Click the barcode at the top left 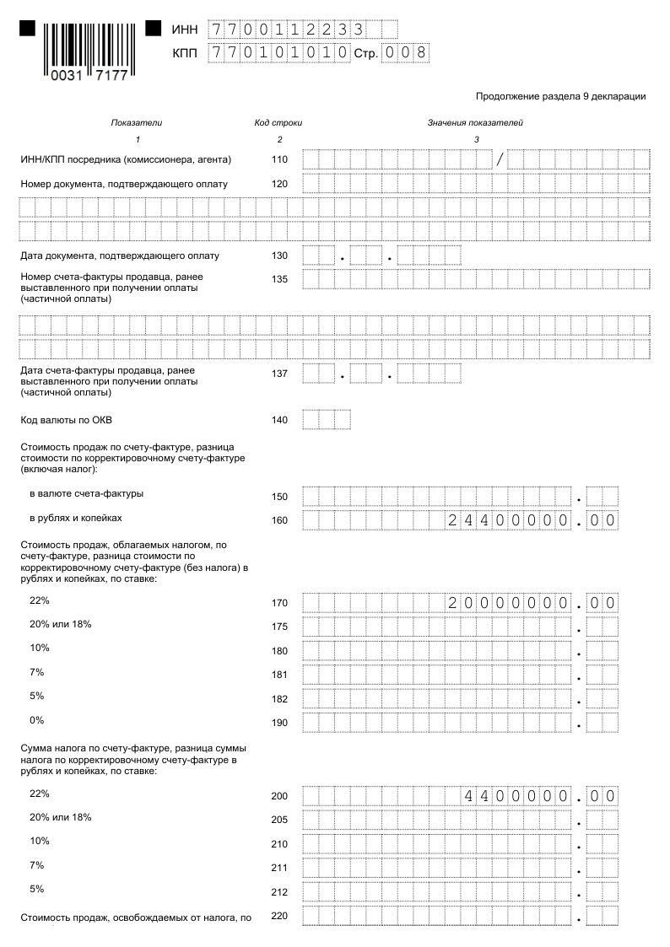(x=88, y=51)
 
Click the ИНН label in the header (x=184, y=30)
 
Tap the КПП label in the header (x=184, y=53)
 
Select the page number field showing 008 (x=405, y=53)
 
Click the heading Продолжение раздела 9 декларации (x=560, y=96)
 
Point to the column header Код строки (x=278, y=123)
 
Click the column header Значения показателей (x=475, y=123)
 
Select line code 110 (x=279, y=159)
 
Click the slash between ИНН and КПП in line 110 (x=500, y=159)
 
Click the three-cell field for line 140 (x=326, y=420)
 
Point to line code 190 (x=279, y=723)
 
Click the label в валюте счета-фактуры (x=86, y=493)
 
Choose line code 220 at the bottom (x=279, y=916)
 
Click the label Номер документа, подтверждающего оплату (x=123, y=184)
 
